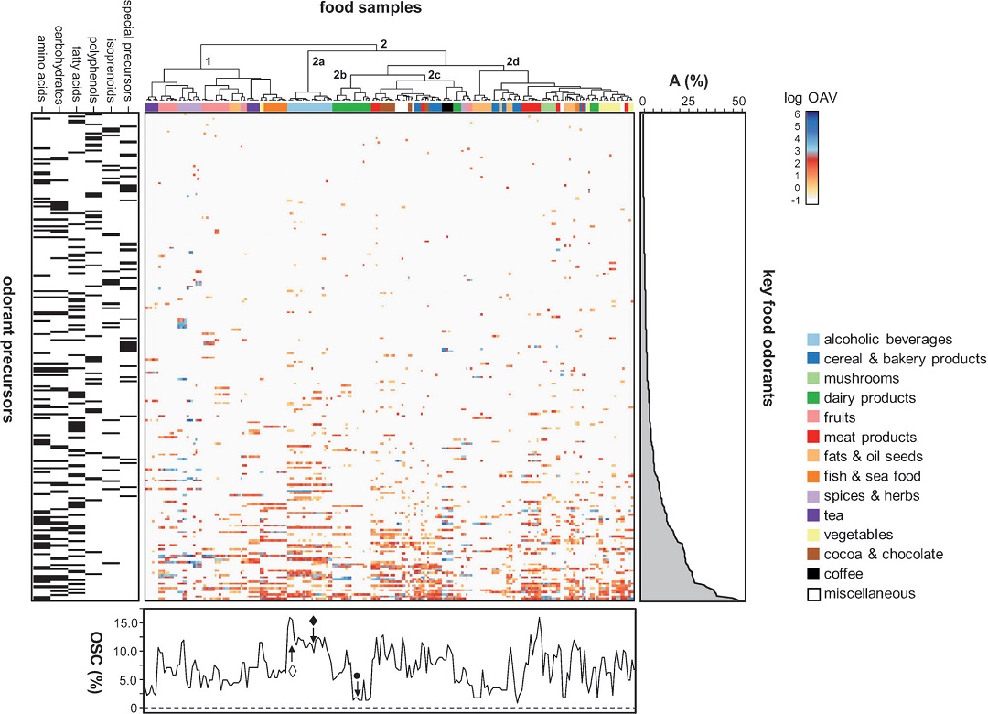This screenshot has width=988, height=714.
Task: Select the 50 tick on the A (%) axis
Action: [738, 101]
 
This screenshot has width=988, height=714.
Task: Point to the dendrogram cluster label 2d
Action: [511, 62]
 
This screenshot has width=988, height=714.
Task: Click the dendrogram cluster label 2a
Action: [317, 61]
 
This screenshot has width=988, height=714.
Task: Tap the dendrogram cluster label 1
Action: [209, 61]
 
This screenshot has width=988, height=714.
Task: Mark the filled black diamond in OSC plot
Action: [314, 622]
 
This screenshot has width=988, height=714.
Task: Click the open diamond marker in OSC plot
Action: [292, 671]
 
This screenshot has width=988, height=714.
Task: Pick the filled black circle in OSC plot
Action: [357, 676]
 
